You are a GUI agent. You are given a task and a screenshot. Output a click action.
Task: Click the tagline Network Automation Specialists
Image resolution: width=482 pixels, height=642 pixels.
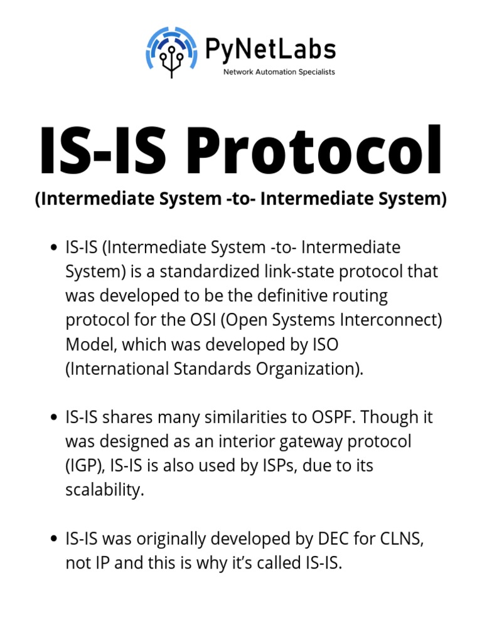pyautogui.click(x=279, y=72)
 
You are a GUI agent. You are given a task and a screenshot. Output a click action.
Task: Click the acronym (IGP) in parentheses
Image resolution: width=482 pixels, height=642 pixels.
pyautogui.click(x=85, y=466)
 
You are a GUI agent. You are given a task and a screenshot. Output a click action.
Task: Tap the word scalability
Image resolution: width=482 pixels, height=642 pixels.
pyautogui.click(x=105, y=490)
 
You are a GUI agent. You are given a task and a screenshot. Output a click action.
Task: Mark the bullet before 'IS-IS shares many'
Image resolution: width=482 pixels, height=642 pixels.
pyautogui.click(x=54, y=418)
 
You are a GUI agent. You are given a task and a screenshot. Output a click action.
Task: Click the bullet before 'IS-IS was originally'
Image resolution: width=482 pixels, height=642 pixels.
pyautogui.click(x=54, y=539)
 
